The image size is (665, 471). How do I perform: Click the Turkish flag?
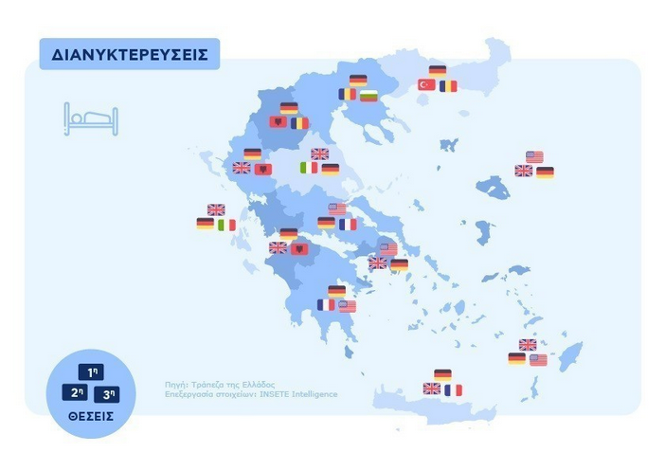(x=426, y=85)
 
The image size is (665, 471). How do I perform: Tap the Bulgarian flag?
(x=368, y=95)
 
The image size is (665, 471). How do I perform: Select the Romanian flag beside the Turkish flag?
(x=448, y=85)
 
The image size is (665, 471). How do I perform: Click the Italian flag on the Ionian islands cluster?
(x=226, y=225)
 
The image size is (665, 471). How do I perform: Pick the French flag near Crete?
(x=453, y=389)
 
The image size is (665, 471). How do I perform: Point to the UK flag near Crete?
(x=432, y=389)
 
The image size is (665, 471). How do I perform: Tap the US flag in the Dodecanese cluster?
(x=538, y=359)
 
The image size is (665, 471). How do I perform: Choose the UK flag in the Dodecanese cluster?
(x=528, y=344)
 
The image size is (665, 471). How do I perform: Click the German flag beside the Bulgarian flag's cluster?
(x=358, y=81)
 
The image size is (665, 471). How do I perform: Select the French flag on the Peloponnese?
(x=327, y=305)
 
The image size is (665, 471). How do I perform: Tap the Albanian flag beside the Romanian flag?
(x=278, y=122)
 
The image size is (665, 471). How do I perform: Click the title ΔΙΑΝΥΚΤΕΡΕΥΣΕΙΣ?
(x=130, y=55)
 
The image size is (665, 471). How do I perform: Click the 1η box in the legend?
(x=92, y=372)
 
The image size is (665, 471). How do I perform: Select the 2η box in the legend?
(x=74, y=391)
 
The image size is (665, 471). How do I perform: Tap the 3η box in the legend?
(x=110, y=391)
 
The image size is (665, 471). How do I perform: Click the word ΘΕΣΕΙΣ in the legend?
(x=92, y=415)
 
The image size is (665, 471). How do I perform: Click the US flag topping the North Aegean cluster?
(x=534, y=156)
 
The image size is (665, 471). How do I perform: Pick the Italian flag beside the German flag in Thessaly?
(x=309, y=168)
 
